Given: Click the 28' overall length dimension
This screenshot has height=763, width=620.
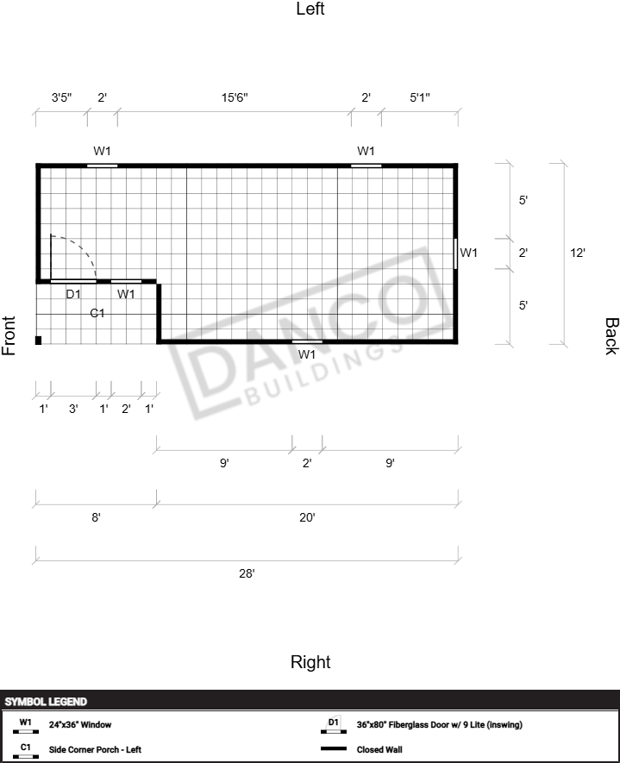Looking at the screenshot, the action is (247, 573).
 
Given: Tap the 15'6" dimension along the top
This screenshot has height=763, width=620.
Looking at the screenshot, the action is (235, 97).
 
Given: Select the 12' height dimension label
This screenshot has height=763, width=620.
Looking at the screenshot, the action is (578, 253).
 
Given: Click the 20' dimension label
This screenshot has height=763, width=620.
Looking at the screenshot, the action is (307, 517).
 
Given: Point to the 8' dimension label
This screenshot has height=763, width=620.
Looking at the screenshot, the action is (96, 517).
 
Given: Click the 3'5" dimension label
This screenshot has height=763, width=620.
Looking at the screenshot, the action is (62, 97).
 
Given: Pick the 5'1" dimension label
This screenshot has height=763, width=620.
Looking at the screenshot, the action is (419, 97).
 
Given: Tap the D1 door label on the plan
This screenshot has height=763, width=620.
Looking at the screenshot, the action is (73, 294).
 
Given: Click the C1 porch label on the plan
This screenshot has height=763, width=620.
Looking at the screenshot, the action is (97, 313).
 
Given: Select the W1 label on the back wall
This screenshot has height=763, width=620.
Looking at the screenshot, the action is (468, 253).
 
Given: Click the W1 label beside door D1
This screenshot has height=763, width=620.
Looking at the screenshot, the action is (126, 294).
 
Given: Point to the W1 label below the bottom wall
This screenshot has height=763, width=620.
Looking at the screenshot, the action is (307, 354).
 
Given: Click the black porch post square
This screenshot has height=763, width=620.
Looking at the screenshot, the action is (39, 341).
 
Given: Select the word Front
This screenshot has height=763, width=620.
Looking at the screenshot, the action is (9, 335).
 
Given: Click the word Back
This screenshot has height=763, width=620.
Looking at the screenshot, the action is (611, 336).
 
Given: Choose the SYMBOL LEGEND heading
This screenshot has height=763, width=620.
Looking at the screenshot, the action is (46, 702).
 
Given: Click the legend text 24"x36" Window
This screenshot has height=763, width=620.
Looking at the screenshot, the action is (80, 724).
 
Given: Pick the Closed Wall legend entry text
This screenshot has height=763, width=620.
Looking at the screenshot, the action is (379, 749).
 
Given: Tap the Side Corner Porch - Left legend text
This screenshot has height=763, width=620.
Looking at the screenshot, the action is (95, 749).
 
